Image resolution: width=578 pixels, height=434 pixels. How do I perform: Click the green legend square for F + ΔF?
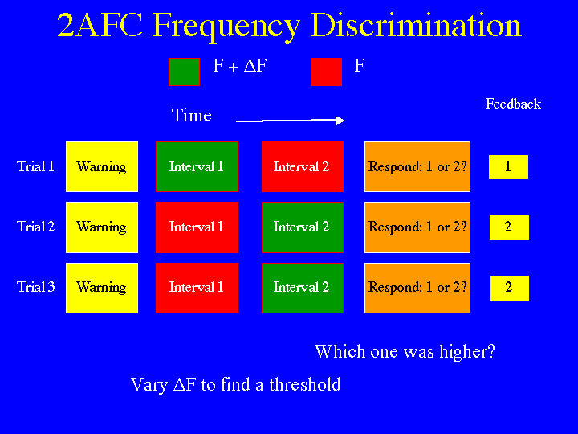pos(185,72)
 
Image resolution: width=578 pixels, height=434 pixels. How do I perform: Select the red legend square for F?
pos(327,72)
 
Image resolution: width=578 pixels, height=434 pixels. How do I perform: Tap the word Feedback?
pos(513,104)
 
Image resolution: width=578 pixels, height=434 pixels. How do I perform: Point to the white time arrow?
pos(291,121)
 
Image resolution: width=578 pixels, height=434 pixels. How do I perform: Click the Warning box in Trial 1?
pos(102,167)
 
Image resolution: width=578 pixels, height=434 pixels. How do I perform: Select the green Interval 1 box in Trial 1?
pos(197,167)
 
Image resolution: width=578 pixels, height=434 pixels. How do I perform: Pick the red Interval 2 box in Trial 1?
pos(303,167)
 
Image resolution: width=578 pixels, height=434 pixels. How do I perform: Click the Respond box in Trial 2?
pos(417,227)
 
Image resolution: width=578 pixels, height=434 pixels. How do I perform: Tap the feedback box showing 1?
pos(508,167)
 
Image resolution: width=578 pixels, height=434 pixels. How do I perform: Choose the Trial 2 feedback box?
pos(509,227)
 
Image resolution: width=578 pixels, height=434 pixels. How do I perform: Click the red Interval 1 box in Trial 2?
pos(197,227)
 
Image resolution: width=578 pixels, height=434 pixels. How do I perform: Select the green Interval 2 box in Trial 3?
pos(303,288)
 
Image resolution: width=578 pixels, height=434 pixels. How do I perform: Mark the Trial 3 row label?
pos(36,287)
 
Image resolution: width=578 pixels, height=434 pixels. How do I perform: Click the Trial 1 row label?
pos(35,166)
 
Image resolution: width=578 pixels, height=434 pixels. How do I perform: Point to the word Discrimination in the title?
pos(416,25)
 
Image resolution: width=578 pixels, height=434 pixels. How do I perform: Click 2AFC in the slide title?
pos(100,25)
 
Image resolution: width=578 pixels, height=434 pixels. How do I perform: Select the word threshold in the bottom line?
pos(305,384)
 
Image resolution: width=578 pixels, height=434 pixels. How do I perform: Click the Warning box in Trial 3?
pos(102,288)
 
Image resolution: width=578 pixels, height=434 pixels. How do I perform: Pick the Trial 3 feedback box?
pos(510,288)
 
